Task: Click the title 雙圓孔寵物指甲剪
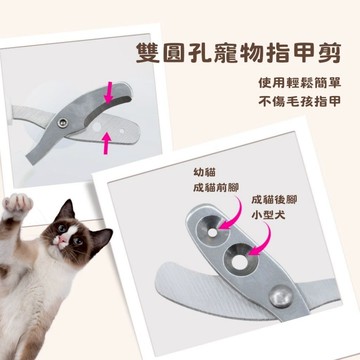(239, 53)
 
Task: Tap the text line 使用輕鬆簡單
(300, 83)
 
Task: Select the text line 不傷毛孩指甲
(300, 101)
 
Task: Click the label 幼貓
(204, 172)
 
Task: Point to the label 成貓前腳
(216, 188)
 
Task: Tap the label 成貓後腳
(274, 199)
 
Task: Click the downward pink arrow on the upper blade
(108, 94)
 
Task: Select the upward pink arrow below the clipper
(106, 143)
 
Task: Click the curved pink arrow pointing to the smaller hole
(233, 213)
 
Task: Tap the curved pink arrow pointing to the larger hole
(263, 239)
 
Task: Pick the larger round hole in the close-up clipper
(240, 262)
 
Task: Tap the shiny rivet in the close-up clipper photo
(281, 296)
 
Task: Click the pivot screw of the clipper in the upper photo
(62, 123)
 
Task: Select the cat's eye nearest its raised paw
(62, 228)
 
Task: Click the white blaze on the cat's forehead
(71, 231)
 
